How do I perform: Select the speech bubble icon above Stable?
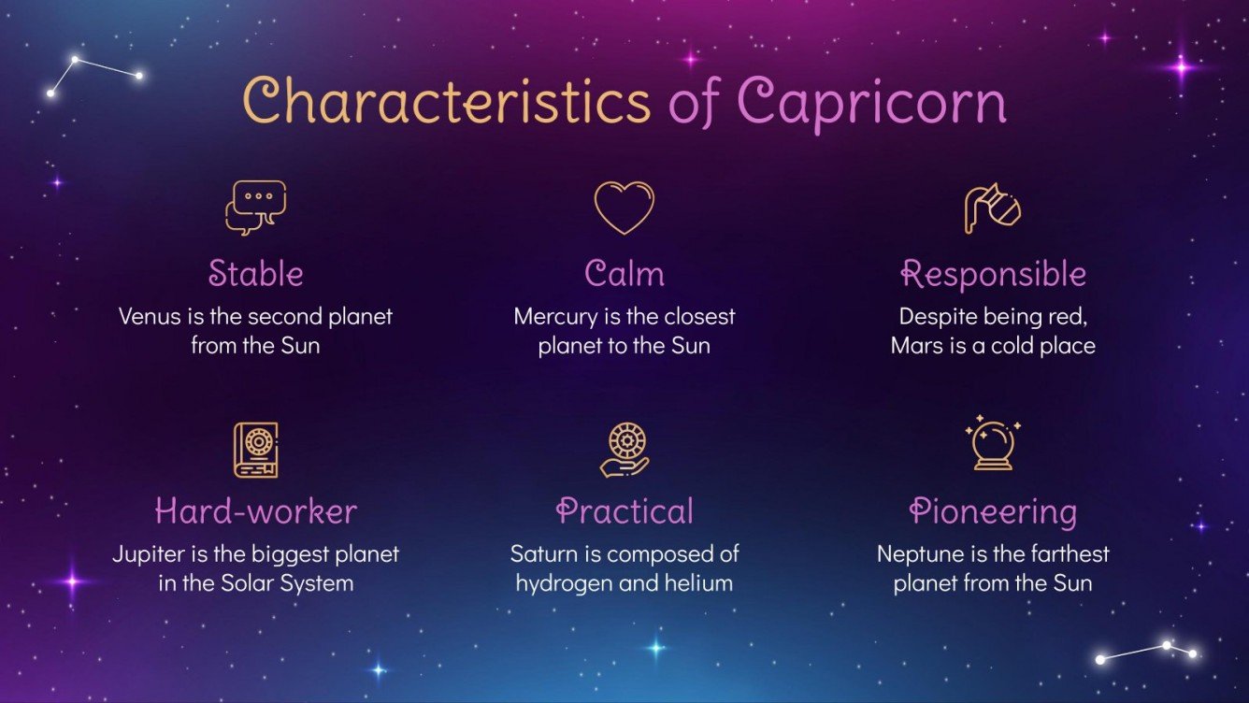coord(255,208)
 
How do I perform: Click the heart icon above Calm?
coord(624,208)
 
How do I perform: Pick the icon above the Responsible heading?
coord(992,208)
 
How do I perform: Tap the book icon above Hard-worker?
coord(255,450)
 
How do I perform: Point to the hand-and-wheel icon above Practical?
coord(624,450)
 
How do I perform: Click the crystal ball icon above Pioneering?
coord(992,445)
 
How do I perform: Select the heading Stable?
coord(255,274)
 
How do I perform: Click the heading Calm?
coord(624,274)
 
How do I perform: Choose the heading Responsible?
coord(993,274)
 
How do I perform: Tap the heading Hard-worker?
coord(255,511)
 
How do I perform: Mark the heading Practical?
coord(624,511)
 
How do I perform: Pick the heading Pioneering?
coord(993,511)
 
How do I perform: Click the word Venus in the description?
coord(147,316)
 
